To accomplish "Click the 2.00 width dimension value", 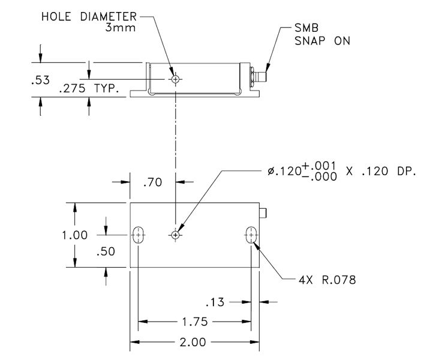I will tap(193, 343).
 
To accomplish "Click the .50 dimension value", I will tap(106, 253).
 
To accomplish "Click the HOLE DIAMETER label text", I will tap(89, 16).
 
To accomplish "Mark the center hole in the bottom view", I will tap(175, 235).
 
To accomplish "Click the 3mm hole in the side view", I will tap(175, 79).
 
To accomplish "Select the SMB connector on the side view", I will tap(258, 77).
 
